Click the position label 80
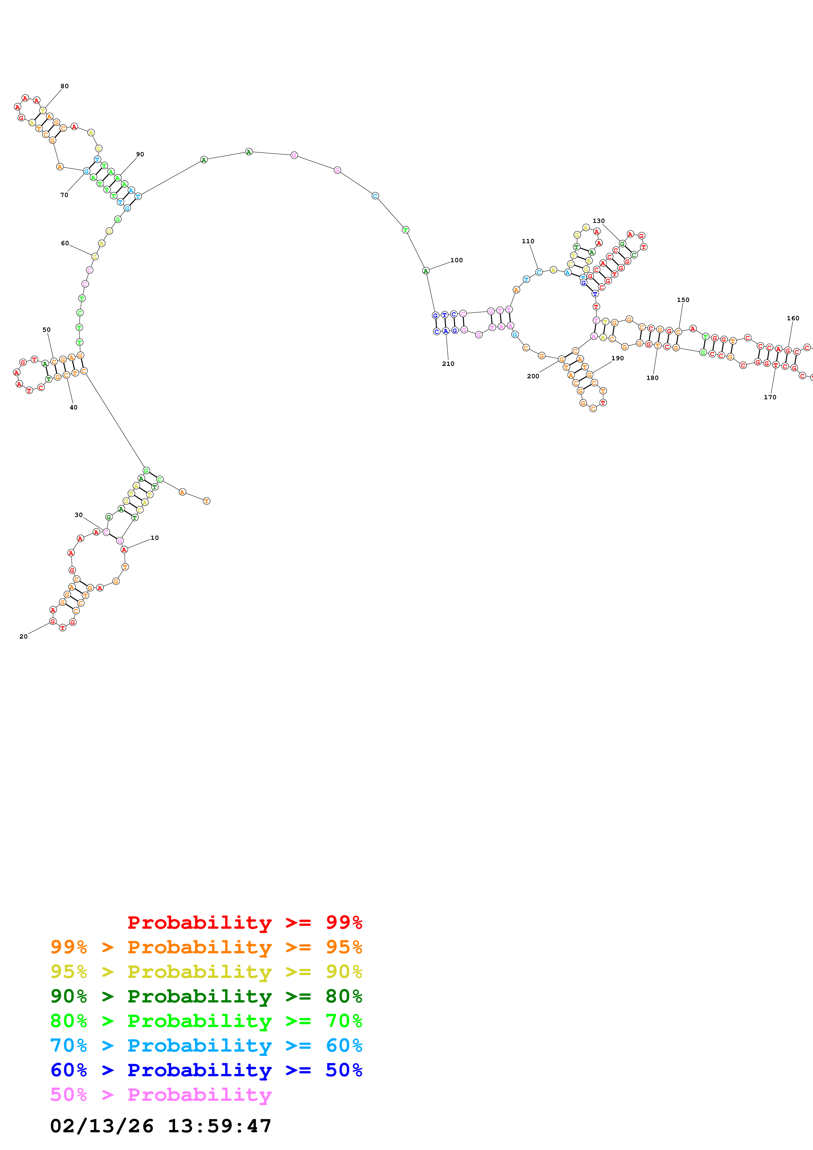(x=65, y=86)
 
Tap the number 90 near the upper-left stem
(x=140, y=154)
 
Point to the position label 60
(x=65, y=244)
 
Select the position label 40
(x=74, y=408)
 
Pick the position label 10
(x=155, y=538)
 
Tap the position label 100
(x=456, y=260)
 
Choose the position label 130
(x=599, y=221)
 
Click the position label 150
(x=683, y=300)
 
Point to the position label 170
(x=770, y=397)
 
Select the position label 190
(x=618, y=358)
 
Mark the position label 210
(x=448, y=364)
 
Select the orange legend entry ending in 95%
(x=206, y=947)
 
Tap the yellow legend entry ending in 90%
(x=206, y=971)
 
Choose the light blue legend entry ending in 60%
(x=206, y=1045)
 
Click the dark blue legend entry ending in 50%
(x=206, y=1070)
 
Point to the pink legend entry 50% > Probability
(x=161, y=1094)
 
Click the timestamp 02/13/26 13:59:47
(x=161, y=1126)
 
